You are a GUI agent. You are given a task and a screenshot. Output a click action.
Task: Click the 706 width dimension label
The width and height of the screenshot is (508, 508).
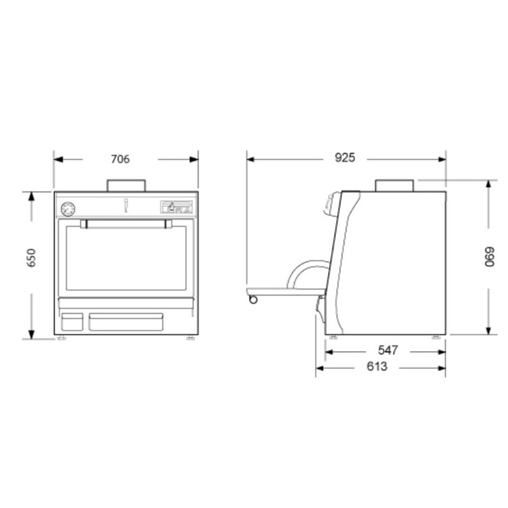coord(120,159)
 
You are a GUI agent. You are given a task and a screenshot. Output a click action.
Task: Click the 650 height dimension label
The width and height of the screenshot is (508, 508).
coord(31,258)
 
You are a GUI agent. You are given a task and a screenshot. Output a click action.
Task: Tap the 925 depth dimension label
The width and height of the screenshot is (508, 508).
coord(345,157)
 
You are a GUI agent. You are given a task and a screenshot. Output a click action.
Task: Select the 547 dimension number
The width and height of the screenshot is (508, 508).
coord(388,351)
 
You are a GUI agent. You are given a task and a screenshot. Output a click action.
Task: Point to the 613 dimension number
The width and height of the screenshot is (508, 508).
coord(377,366)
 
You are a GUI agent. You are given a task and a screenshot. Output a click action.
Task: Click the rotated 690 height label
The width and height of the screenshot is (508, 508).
coord(489,257)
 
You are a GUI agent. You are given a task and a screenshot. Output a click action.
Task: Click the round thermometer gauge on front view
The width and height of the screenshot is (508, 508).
coord(68,209)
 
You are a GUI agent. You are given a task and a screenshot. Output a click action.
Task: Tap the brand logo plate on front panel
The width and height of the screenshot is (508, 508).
coord(177,207)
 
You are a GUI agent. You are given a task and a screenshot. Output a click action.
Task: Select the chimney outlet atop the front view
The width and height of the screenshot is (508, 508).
coord(126,185)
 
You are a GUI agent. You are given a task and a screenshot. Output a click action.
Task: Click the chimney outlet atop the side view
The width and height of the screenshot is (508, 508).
coord(394,185)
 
